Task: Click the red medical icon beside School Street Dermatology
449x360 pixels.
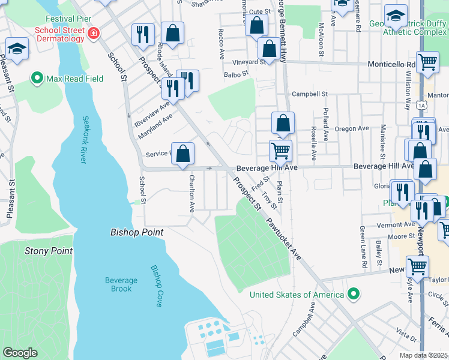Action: tap(93, 34)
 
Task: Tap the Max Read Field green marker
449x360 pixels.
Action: tap(37, 79)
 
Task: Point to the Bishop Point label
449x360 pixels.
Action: tap(137, 232)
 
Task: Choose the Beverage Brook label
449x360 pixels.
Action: tap(121, 284)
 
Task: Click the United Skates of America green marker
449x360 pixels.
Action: tap(354, 294)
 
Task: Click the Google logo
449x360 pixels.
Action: tap(20, 352)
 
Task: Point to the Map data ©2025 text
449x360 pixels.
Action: tap(423, 355)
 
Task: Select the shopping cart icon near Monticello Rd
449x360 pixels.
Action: tap(427, 62)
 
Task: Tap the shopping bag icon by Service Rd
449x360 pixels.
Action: tap(183, 153)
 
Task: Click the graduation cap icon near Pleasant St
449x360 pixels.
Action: tap(17, 49)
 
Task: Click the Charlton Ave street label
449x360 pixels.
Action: tap(191, 193)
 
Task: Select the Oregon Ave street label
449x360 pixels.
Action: tap(352, 128)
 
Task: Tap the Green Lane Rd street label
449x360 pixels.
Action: tap(364, 247)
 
